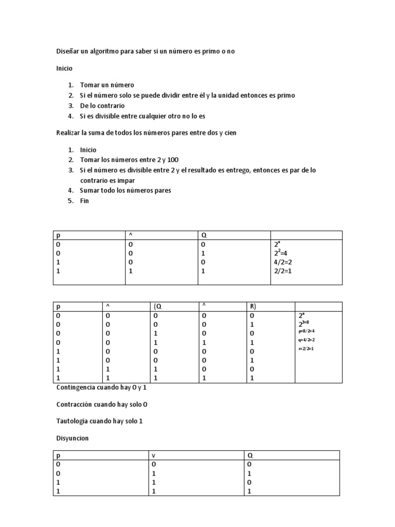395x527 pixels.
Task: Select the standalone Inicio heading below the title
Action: [64, 68]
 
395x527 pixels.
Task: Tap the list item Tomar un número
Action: [107, 85]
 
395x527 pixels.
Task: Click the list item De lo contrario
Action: [102, 106]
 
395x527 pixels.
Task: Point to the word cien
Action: [230, 133]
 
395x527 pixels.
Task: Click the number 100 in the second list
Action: [173, 160]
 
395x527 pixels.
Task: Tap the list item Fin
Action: [84, 201]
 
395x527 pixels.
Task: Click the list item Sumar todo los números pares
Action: [125, 190]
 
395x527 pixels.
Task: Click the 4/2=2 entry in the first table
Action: [283, 262]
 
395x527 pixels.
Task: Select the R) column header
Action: [253, 307]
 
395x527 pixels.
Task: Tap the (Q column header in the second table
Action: [157, 307]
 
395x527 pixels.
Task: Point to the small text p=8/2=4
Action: [307, 331]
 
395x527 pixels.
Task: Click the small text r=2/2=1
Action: [306, 348]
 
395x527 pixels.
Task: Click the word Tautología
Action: [72, 421]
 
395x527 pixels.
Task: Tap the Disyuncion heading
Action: [73, 438]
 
